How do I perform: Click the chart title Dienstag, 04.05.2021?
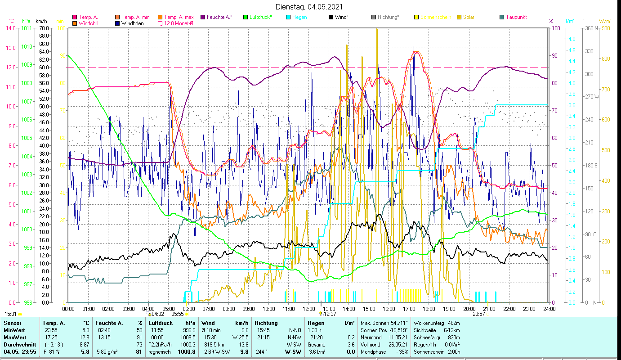(309, 7)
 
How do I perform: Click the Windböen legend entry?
(133, 23)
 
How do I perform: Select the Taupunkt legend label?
(516, 17)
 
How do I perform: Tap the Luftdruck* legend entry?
(260, 17)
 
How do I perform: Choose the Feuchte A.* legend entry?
(219, 17)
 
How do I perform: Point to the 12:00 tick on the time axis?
(309, 309)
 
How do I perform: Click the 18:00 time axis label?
(429, 309)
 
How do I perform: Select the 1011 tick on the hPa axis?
(27, 28)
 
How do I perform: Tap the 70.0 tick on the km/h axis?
(44, 28)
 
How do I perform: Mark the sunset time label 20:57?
(478, 314)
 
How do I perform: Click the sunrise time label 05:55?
(177, 314)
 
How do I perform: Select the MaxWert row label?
(15, 337)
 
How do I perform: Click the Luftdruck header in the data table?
(161, 323)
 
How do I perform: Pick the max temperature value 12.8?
(85, 337)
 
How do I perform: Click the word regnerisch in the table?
(159, 351)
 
